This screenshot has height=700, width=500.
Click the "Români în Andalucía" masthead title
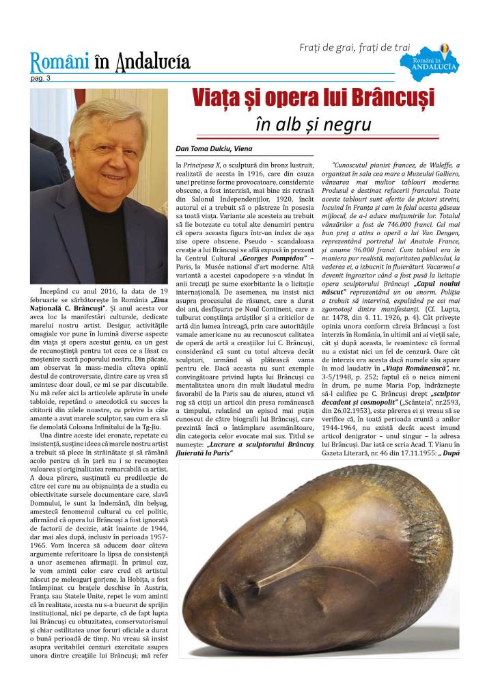pyautogui.click(x=109, y=63)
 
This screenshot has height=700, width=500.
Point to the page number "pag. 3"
pyautogui.click(x=40, y=79)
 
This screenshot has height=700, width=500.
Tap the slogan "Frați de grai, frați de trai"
pyautogui.click(x=355, y=47)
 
